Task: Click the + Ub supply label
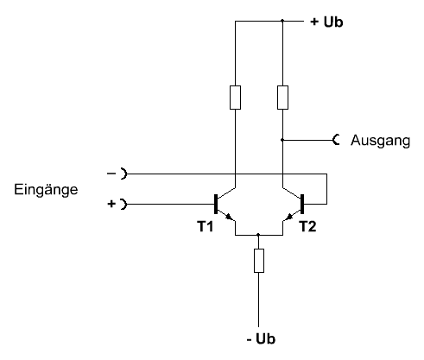[326, 22]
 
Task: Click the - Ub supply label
[261, 338]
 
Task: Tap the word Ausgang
[380, 141]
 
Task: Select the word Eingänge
[46, 190]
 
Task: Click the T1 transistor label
[205, 226]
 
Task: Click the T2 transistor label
[307, 226]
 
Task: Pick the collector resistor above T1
[235, 98]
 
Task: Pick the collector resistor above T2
[282, 98]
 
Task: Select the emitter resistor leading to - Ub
[259, 261]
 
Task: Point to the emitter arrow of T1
[230, 217]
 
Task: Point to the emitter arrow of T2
[289, 217]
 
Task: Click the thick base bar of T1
[216, 204]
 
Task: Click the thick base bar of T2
[302, 204]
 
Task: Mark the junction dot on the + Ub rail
[282, 21]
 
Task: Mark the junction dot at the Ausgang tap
[282, 140]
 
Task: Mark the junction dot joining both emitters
[258, 235]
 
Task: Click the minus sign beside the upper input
[111, 174]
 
